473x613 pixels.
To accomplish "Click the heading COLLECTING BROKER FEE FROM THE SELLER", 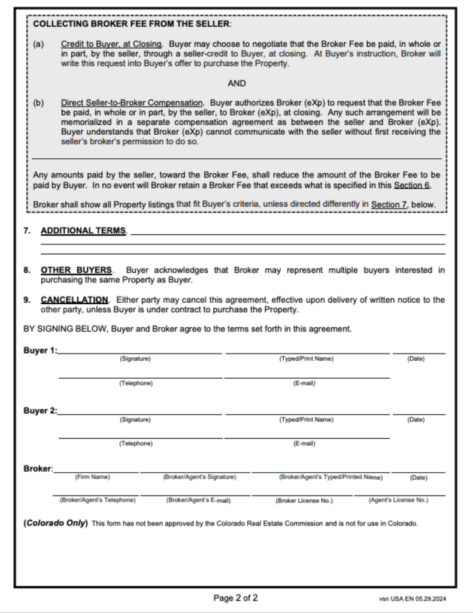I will click(132, 24).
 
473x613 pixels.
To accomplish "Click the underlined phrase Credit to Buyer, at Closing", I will click(111, 44).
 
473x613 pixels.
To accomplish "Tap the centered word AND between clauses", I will click(236, 83).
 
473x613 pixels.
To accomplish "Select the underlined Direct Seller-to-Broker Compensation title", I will click(132, 102).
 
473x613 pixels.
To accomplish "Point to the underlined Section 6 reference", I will click(412, 185).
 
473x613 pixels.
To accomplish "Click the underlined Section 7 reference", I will click(389, 205).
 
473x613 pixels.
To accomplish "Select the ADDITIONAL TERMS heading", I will click(83, 231).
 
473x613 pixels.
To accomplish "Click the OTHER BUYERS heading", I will click(76, 270).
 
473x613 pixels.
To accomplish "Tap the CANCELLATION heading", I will click(74, 300).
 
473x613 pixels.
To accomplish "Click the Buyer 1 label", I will click(40, 351).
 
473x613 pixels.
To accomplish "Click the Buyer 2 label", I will click(40, 411).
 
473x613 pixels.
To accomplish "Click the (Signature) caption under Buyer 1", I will click(135, 359).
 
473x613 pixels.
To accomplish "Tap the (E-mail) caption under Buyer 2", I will click(304, 444).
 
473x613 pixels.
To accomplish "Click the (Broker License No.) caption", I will click(305, 500).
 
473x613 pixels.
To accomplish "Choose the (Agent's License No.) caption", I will click(398, 500).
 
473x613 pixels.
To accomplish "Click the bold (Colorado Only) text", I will click(56, 523).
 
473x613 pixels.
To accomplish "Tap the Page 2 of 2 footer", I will click(236, 597).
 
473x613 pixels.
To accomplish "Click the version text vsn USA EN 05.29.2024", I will click(413, 598).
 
